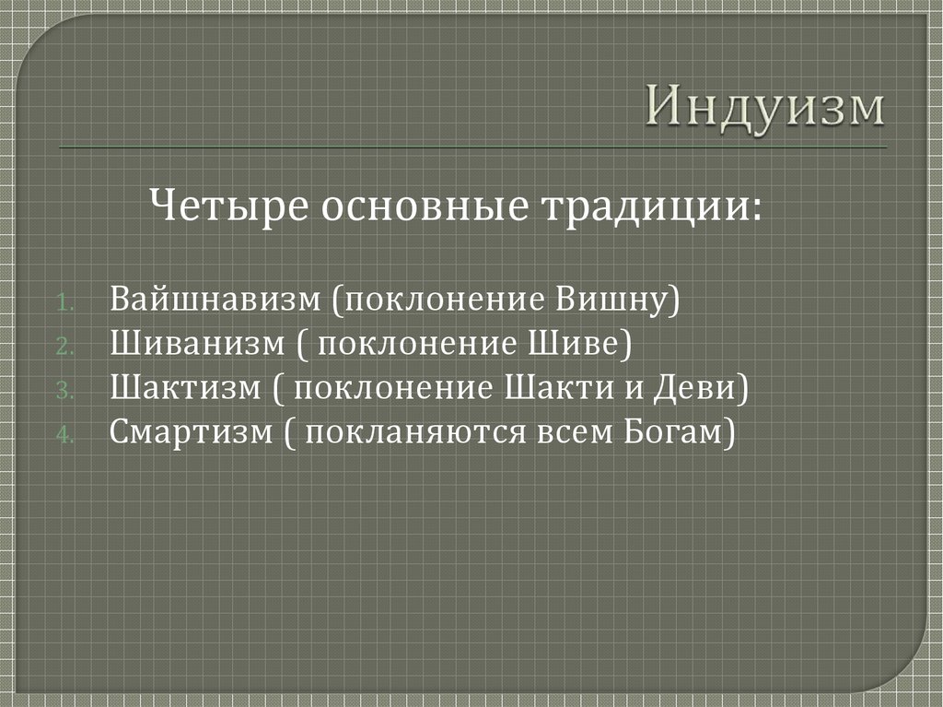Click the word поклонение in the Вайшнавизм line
click(445, 301)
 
